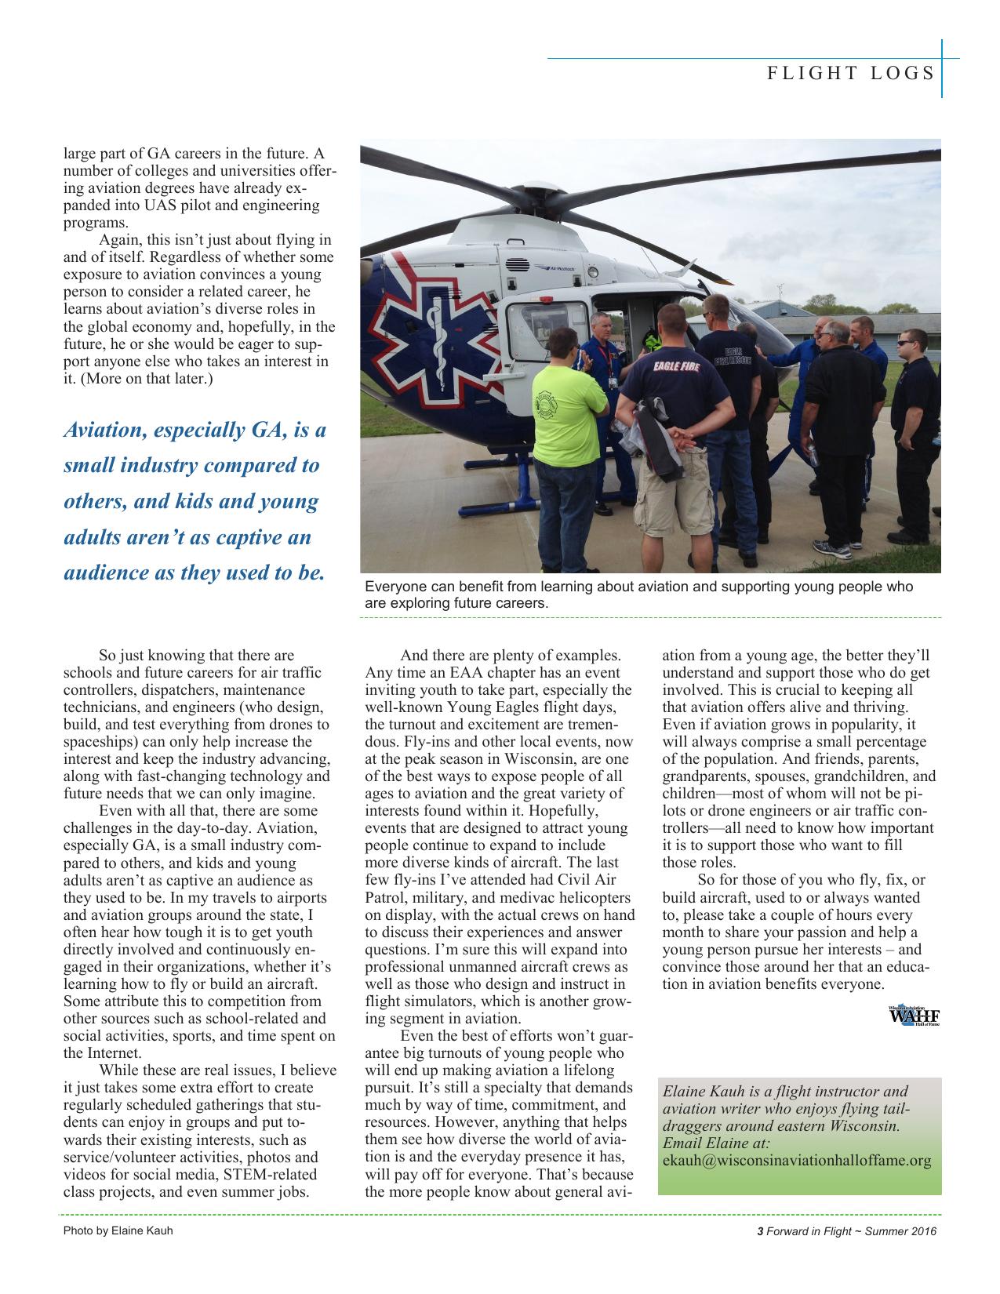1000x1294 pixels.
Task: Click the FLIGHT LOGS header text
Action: click(850, 73)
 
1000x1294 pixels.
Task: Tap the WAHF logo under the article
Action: click(914, 1016)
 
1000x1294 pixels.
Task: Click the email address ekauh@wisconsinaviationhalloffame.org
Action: click(797, 1161)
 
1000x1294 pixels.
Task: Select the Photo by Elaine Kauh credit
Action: click(118, 1230)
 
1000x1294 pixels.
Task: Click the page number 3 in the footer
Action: click(759, 1231)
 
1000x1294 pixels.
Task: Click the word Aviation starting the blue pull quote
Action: click(103, 431)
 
